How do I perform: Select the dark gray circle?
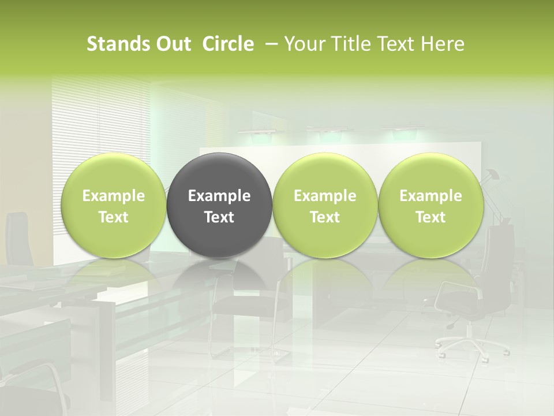click(219, 206)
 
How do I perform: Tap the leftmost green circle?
click(114, 206)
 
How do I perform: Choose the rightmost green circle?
click(431, 206)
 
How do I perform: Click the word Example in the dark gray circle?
click(219, 196)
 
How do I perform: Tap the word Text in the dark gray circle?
click(219, 217)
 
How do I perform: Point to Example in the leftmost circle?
click(114, 196)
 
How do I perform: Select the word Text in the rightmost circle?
click(431, 217)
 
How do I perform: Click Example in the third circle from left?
click(325, 196)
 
